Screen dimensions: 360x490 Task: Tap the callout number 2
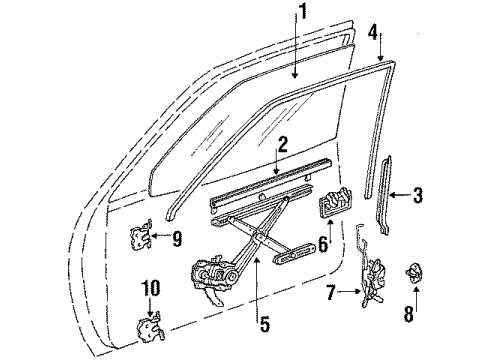click(x=284, y=145)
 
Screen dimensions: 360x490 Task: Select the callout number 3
click(x=420, y=196)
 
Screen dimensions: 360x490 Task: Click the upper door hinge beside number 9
click(x=143, y=238)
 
